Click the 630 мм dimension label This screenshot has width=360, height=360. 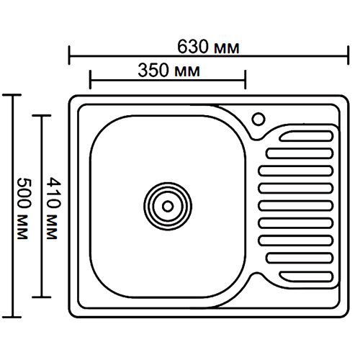pyautogui.click(x=208, y=47)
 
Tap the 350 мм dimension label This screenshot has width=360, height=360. pyautogui.click(x=168, y=71)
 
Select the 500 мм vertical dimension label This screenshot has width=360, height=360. pyautogui.click(x=24, y=208)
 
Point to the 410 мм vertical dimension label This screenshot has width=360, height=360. pyautogui.click(x=53, y=208)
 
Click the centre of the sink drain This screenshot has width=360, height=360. pyautogui.click(x=168, y=206)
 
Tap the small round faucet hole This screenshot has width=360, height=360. pyautogui.click(x=258, y=119)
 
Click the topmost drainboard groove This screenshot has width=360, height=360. pyautogui.click(x=307, y=135)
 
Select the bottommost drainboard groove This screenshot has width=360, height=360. pyautogui.click(x=307, y=276)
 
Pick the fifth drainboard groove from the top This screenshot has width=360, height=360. pyautogui.click(x=296, y=206)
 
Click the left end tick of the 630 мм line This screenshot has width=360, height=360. pyautogui.click(x=69, y=55)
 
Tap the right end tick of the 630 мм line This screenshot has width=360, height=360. pyautogui.click(x=348, y=55)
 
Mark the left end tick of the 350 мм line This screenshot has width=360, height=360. pyautogui.click(x=90, y=80)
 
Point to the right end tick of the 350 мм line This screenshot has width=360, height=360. pyautogui.click(x=245, y=80)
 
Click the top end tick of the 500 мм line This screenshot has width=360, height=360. pyautogui.click(x=12, y=95)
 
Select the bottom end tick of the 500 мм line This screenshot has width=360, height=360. pyautogui.click(x=12, y=317)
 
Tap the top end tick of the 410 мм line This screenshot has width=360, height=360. pyautogui.click(x=42, y=116)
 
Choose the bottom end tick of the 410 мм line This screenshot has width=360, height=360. pyautogui.click(x=42, y=297)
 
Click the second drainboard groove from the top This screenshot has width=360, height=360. pyautogui.click(x=300, y=153)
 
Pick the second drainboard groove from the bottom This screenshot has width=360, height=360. pyautogui.click(x=300, y=258)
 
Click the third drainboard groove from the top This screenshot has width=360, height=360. pyautogui.click(x=296, y=171)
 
